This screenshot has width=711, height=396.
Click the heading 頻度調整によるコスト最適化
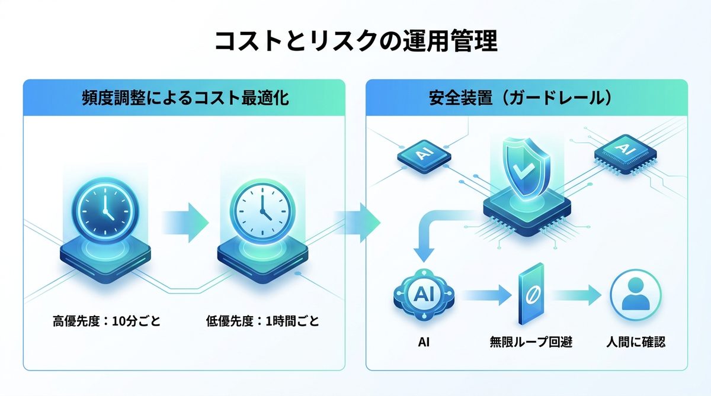click(185, 98)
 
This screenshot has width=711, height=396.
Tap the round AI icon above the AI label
click(423, 294)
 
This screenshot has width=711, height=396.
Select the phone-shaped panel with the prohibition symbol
click(531, 294)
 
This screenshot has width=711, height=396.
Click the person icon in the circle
click(636, 295)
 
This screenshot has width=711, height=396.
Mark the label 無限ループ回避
click(531, 342)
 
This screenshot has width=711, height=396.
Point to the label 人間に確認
click(636, 342)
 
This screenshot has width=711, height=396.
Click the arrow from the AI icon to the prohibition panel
click(482, 294)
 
